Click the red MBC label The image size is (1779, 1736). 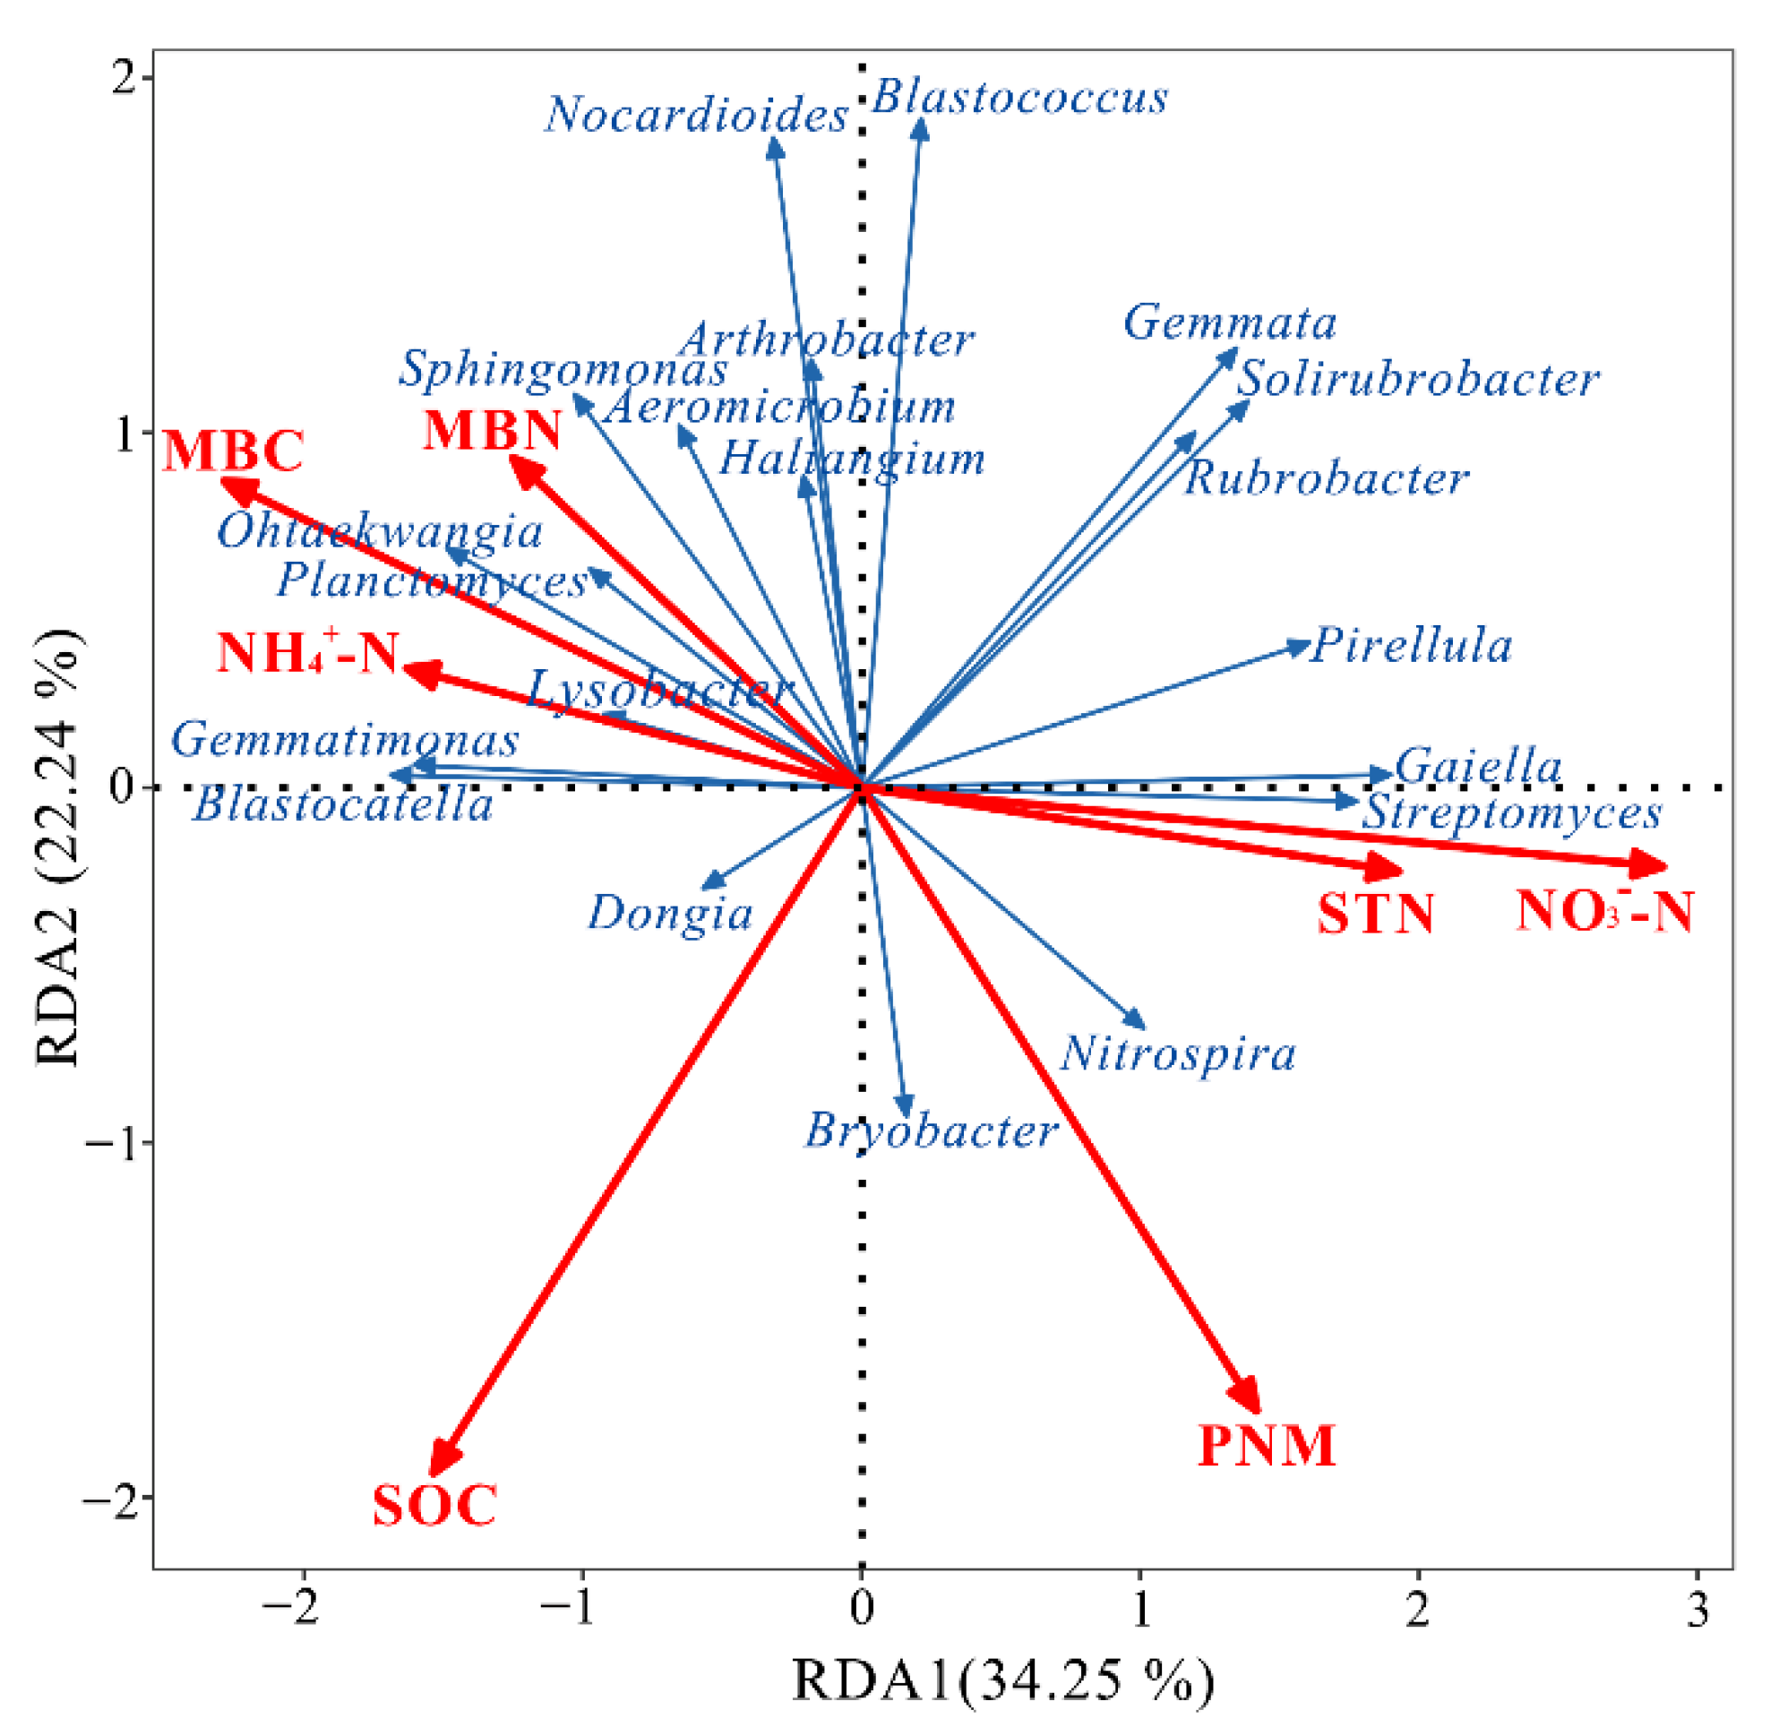(234, 451)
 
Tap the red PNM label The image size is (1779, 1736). (1266, 1446)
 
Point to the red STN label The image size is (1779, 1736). (1375, 914)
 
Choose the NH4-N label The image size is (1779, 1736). (308, 653)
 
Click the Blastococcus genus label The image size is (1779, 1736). (1019, 98)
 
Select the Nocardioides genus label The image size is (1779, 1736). (697, 116)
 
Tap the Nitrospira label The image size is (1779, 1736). (1177, 1054)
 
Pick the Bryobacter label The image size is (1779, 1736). (930, 1131)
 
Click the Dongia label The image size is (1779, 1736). (670, 913)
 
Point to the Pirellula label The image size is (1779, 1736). (1412, 646)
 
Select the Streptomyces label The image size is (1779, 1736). (1511, 812)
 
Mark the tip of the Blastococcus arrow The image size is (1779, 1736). (922, 123)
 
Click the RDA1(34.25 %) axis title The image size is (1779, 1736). (1003, 1680)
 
